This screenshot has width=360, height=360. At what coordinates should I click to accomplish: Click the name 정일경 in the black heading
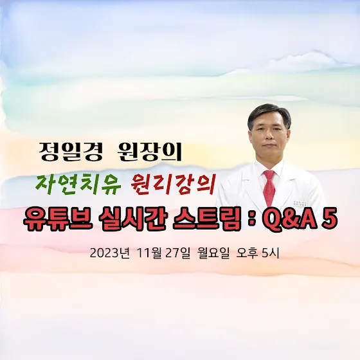point(71,152)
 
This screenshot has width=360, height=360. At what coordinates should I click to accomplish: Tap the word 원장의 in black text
point(149,152)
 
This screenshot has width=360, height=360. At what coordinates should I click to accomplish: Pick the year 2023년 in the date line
point(109,253)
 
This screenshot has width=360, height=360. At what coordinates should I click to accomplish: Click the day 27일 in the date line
point(178,253)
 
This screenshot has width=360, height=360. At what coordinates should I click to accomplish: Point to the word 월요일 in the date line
point(215,253)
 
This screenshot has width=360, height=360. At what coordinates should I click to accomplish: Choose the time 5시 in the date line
point(270,253)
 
